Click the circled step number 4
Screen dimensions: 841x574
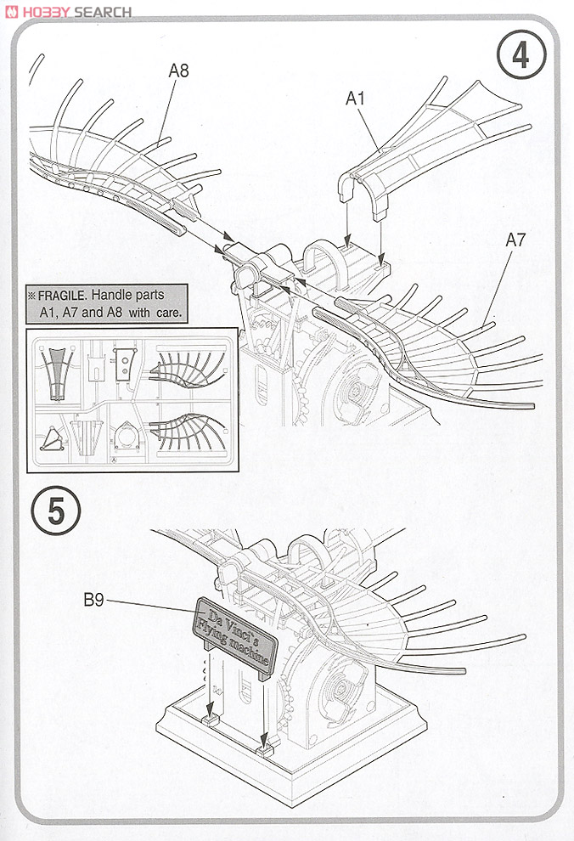tap(520, 55)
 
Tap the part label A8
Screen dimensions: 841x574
tap(178, 71)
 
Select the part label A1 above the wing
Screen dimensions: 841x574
tap(355, 99)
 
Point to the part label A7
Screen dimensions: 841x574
tap(515, 240)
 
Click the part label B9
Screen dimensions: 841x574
tap(93, 601)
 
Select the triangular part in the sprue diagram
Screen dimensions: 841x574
tap(54, 438)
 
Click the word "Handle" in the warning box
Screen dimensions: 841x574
tap(111, 296)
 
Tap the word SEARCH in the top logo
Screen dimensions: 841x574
tap(103, 12)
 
